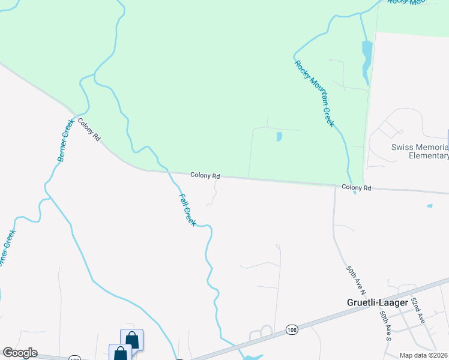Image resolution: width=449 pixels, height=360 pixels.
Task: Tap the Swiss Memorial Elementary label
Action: (x=420, y=151)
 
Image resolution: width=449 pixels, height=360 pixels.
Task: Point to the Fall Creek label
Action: (x=187, y=209)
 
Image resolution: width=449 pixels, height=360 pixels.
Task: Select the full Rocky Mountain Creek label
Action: (x=313, y=93)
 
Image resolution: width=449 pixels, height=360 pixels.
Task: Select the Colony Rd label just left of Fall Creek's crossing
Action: (x=205, y=176)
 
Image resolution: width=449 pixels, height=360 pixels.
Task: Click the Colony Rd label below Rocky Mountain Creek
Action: (x=357, y=188)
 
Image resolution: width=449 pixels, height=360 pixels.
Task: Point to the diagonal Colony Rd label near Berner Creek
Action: (x=88, y=129)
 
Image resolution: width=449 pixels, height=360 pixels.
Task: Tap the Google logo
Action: (x=20, y=353)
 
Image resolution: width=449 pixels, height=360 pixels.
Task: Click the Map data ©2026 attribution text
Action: (x=424, y=355)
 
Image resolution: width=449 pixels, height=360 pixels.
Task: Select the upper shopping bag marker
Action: (x=132, y=340)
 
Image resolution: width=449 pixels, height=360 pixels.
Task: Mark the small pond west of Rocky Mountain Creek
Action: (x=279, y=137)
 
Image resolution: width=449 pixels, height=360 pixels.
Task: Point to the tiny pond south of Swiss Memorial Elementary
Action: (x=430, y=206)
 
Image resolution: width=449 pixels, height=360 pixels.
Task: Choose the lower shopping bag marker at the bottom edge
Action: (x=120, y=353)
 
